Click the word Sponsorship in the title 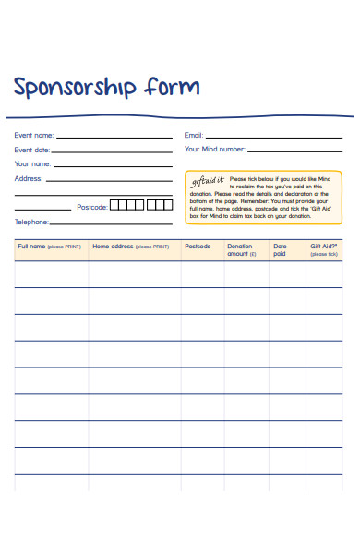pyautogui.click(x=75, y=88)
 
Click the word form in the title pyautogui.click(x=172, y=87)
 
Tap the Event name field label pyautogui.click(x=33, y=136)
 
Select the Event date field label pyautogui.click(x=32, y=150)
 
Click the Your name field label pyautogui.click(x=32, y=163)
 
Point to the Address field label pyautogui.click(x=28, y=178)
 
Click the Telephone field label pyautogui.click(x=31, y=222)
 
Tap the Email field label pyautogui.click(x=194, y=135)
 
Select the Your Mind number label pyautogui.click(x=215, y=149)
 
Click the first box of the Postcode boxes pyautogui.click(x=114, y=205)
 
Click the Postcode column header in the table pyautogui.click(x=198, y=247)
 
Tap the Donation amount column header pyautogui.click(x=240, y=249)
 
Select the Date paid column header pyautogui.click(x=280, y=249)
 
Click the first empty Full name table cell pyautogui.click(x=51, y=274)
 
